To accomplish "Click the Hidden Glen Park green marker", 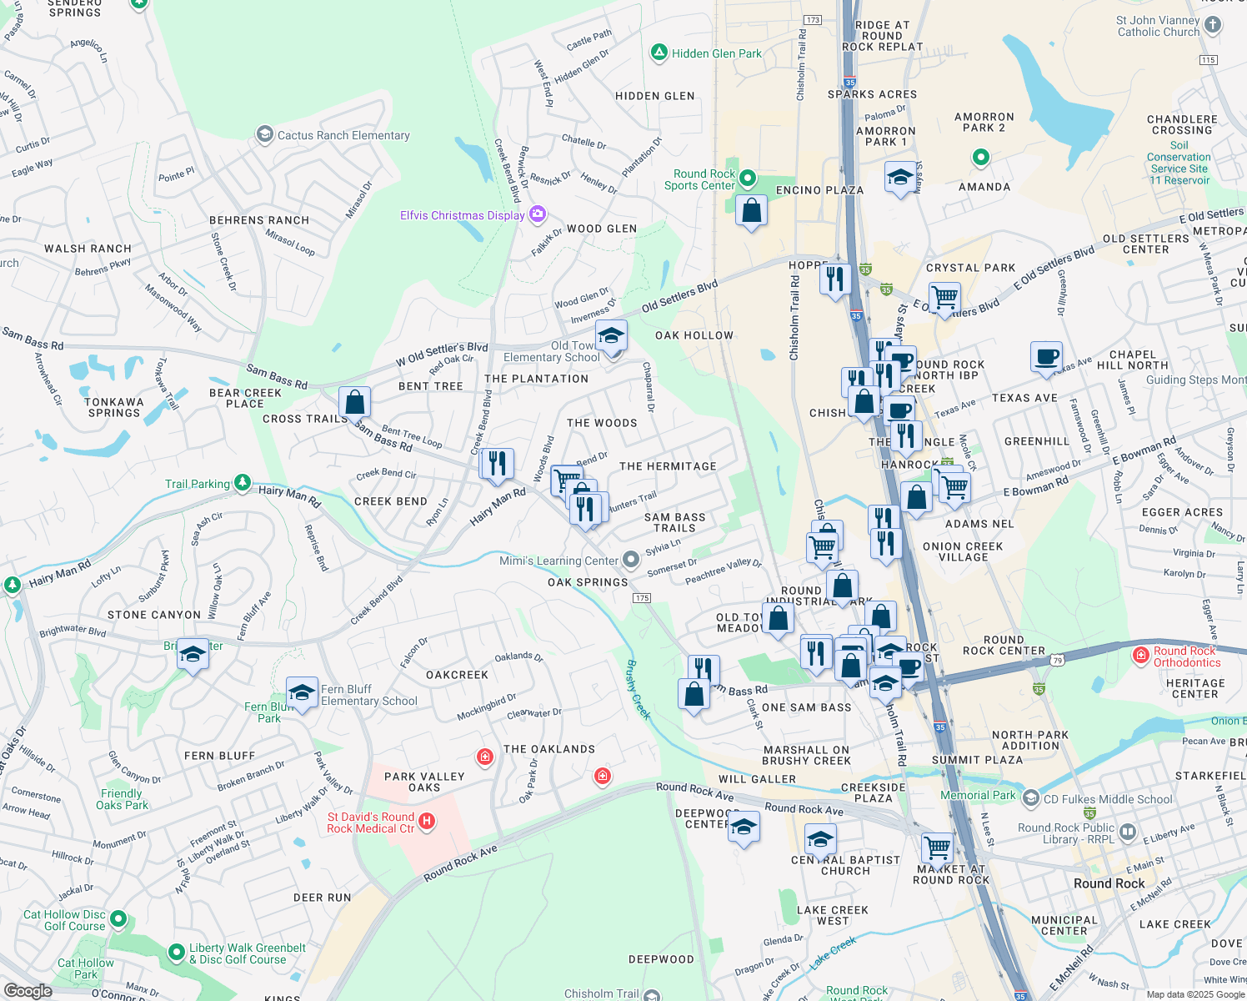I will click(659, 53).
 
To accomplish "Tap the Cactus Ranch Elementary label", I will click(343, 135).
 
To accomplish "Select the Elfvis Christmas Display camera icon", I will click(538, 215).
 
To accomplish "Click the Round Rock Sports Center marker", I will click(748, 178).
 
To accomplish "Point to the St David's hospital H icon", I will click(427, 822).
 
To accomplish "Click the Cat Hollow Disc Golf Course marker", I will click(118, 919).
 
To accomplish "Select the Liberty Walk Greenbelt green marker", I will click(176, 952).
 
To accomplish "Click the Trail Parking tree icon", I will click(242, 482).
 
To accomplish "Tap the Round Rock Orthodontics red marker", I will click(1141, 656).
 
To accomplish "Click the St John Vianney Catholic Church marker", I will click(1213, 25).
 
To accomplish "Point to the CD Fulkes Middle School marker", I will click(1031, 798).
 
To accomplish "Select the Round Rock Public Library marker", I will click(1128, 832).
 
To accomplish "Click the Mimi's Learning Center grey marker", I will click(631, 559).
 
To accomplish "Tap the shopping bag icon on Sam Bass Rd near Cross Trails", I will click(354, 402).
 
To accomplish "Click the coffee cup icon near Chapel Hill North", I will click(1047, 357).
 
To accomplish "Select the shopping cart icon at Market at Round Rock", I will click(938, 848).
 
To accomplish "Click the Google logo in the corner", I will click(28, 991).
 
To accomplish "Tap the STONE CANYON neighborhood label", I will click(154, 615).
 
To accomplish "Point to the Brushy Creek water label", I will click(637, 689).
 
